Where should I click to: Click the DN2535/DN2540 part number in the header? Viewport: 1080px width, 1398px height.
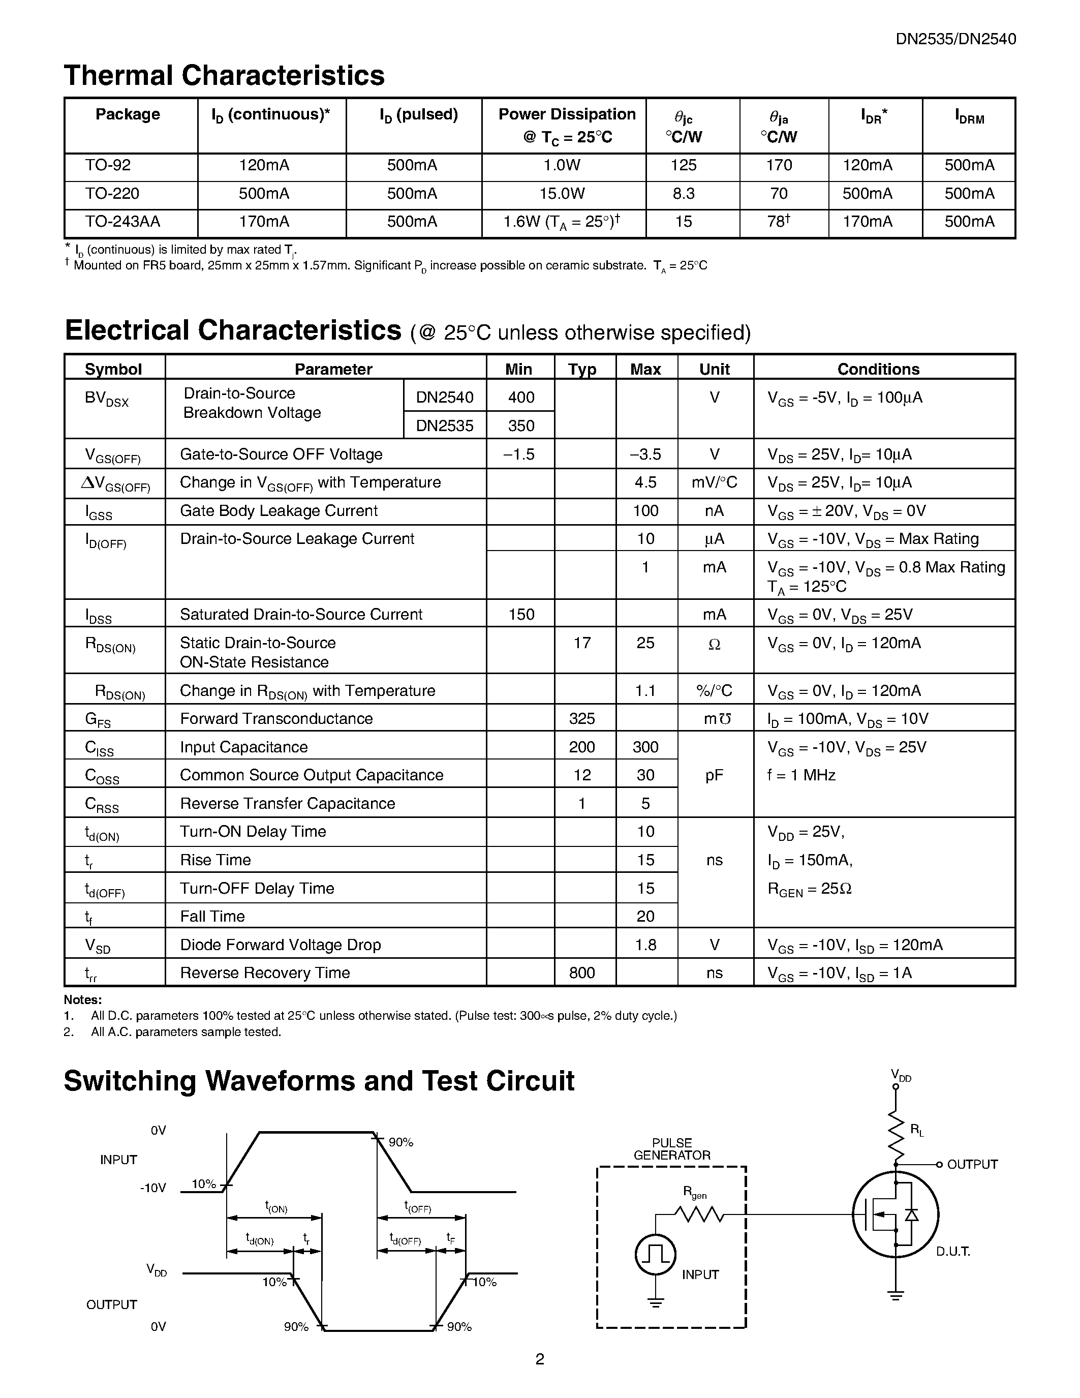click(x=955, y=39)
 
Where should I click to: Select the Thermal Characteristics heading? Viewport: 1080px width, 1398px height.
click(x=224, y=76)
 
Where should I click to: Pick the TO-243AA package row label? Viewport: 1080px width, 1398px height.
click(x=122, y=222)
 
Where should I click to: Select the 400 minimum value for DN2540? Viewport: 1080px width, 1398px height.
click(x=521, y=398)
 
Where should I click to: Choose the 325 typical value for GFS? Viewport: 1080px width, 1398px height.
click(x=581, y=719)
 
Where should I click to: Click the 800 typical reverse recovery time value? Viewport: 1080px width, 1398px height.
click(x=581, y=973)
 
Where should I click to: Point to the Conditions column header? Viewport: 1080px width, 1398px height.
click(x=878, y=370)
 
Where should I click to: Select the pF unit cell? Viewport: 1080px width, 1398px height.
click(x=714, y=775)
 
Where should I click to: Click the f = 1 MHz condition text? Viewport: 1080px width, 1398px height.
click(x=801, y=775)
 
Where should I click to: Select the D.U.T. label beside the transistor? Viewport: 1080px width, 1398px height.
click(x=952, y=1252)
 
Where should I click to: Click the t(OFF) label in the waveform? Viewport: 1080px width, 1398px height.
click(x=418, y=1207)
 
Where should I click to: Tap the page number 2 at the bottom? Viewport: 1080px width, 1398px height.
click(x=539, y=1359)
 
